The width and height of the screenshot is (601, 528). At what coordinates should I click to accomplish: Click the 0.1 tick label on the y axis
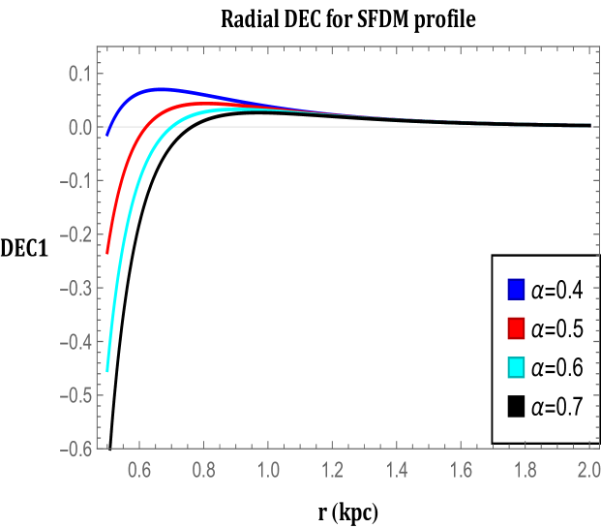pyautogui.click(x=76, y=74)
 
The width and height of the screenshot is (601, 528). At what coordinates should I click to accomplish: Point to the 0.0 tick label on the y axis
pyautogui.click(x=76, y=127)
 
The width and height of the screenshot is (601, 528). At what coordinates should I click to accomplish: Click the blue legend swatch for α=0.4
pyautogui.click(x=516, y=290)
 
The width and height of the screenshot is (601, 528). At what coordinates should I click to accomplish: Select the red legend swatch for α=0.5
pyautogui.click(x=516, y=328)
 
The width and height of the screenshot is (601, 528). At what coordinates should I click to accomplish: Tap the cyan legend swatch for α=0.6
pyautogui.click(x=516, y=368)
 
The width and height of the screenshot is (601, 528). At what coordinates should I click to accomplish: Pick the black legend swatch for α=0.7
pyautogui.click(x=516, y=408)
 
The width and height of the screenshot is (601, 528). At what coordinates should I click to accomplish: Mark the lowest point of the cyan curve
pyautogui.click(x=107, y=370)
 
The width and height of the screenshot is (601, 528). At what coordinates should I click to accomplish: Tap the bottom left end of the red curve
pyautogui.click(x=107, y=252)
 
